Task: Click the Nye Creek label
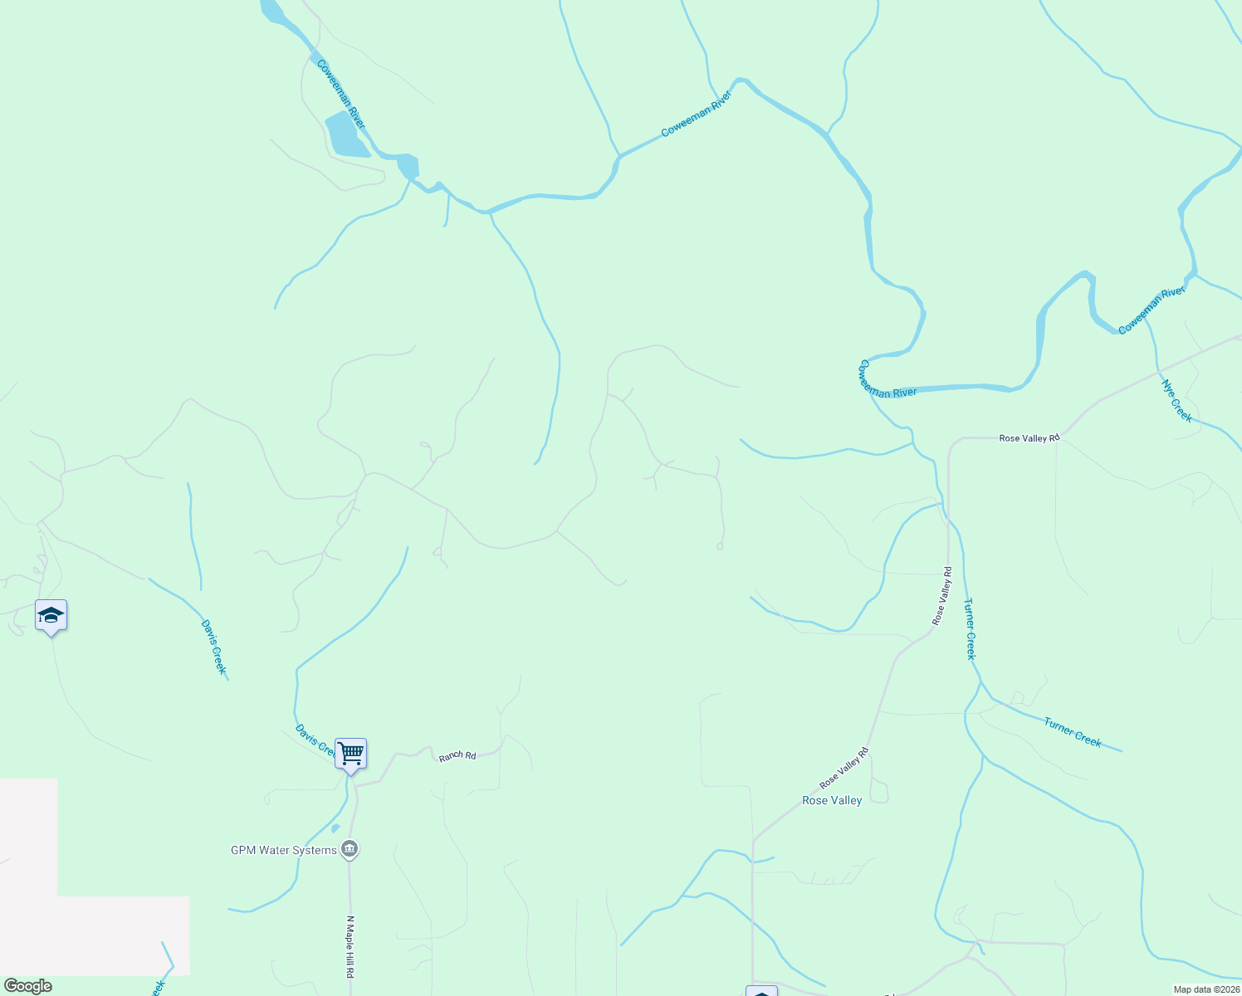pyautogui.click(x=1176, y=401)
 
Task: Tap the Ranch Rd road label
pyautogui.click(x=457, y=756)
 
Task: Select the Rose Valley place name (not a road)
pyautogui.click(x=832, y=800)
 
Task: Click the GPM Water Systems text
pyautogui.click(x=284, y=850)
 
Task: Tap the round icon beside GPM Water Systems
pyautogui.click(x=350, y=849)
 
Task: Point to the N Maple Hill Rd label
pyautogui.click(x=350, y=957)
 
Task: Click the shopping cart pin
pyautogui.click(x=350, y=754)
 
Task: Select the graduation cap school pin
pyautogui.click(x=51, y=616)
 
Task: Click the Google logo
pyautogui.click(x=27, y=986)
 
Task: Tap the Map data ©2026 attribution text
pyautogui.click(x=1205, y=989)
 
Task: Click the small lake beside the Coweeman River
pyautogui.click(x=346, y=135)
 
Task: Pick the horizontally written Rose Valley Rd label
pyautogui.click(x=1029, y=437)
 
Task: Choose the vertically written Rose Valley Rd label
pyautogui.click(x=942, y=595)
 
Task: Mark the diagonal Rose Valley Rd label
pyautogui.click(x=843, y=769)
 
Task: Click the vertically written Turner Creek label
pyautogui.click(x=970, y=628)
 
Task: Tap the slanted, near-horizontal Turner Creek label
pyautogui.click(x=1073, y=732)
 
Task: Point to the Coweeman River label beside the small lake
pyautogui.click(x=340, y=93)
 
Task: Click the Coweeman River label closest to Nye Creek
pyautogui.click(x=1152, y=310)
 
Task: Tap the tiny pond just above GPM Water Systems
pyautogui.click(x=335, y=828)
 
